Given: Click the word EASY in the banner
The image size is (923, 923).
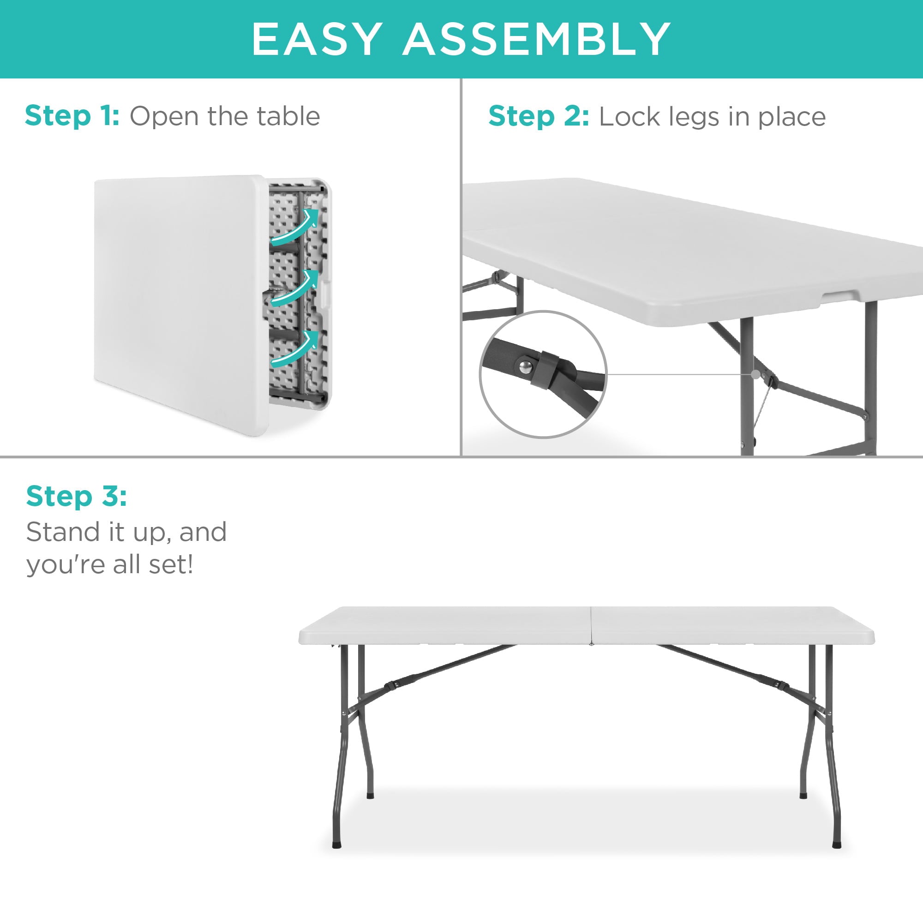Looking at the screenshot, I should click(x=317, y=39).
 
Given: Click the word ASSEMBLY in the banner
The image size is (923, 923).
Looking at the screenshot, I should click(x=537, y=39).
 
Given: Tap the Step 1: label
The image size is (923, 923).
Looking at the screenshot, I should click(x=72, y=116).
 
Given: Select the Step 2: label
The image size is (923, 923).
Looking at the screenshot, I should click(x=539, y=117).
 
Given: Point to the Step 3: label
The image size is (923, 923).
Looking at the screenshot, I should click(x=77, y=496).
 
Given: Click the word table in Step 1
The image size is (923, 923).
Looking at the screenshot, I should click(x=288, y=116).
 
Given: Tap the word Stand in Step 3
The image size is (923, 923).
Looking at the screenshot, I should click(x=62, y=532).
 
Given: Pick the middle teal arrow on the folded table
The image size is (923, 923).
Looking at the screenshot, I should click(x=295, y=288).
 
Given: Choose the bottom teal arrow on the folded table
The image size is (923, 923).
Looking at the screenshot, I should click(x=295, y=349).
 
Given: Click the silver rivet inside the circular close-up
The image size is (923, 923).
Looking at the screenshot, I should click(x=526, y=367).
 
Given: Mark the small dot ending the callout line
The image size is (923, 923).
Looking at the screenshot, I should click(x=755, y=375).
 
